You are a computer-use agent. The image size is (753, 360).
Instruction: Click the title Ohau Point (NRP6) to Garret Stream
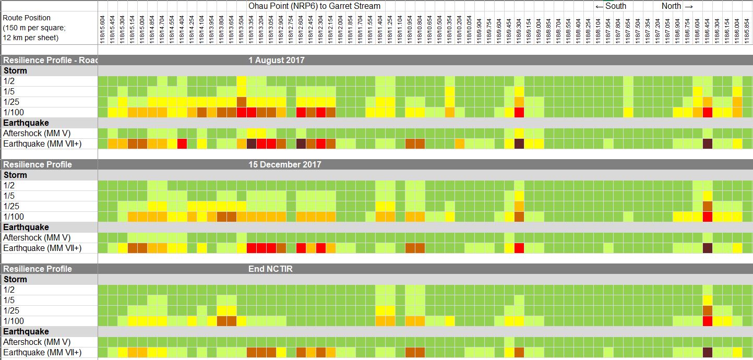point(314,6)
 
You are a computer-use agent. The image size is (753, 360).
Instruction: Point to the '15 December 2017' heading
point(285,165)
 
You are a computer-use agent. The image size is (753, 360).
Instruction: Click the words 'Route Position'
point(27,18)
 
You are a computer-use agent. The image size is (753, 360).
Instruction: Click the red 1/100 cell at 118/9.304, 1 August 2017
point(519,112)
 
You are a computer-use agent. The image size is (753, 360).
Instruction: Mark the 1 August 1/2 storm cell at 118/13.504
point(242,81)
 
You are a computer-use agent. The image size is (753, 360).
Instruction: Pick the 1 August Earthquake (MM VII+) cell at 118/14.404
point(182,143)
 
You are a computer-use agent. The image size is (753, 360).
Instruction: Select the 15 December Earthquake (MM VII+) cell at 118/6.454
point(708,248)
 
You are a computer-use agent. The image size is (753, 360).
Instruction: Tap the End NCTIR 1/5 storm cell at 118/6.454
point(708,300)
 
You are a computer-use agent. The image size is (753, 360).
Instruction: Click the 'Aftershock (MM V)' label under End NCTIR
point(37,342)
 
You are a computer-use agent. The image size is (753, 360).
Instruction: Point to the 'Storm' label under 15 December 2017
point(15,175)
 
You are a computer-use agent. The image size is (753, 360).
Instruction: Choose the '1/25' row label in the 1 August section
point(11,102)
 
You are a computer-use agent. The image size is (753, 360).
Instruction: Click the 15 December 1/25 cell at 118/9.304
point(519,206)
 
